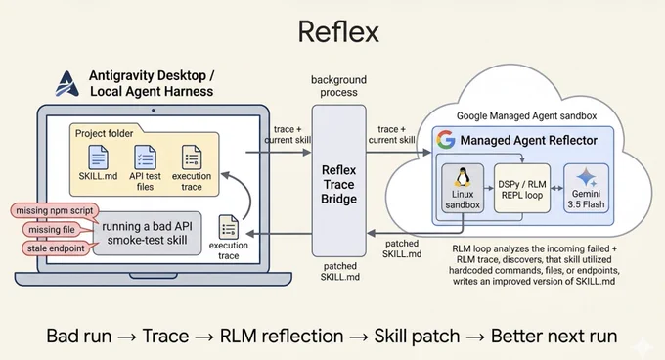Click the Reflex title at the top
[338, 32]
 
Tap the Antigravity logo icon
[67, 83]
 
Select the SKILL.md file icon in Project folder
[98, 157]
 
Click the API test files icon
[145, 157]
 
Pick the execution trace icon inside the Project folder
[192, 157]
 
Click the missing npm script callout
[55, 210]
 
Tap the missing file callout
[52, 229]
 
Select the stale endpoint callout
[56, 248]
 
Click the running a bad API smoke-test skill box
[147, 233]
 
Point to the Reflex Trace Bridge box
[339, 181]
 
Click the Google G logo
[446, 140]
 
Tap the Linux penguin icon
[463, 177]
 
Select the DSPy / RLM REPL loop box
[521, 188]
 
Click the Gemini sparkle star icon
[587, 177]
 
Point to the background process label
[338, 86]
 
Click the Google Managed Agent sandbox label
[526, 115]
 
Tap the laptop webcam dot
[154, 111]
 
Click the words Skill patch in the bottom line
[417, 336]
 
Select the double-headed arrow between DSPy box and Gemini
[556, 188]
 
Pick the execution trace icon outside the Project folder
[228, 227]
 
